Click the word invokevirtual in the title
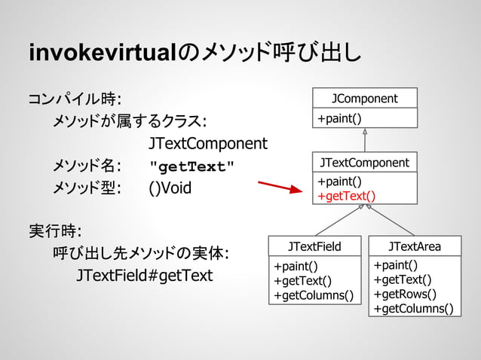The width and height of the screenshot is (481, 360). coord(103,54)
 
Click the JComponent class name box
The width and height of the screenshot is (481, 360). coord(365,98)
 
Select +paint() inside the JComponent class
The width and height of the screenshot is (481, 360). coord(339,118)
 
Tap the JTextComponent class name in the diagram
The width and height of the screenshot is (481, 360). coord(364,163)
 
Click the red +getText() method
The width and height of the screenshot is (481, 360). coord(346,196)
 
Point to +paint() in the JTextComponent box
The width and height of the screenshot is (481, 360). coord(339,182)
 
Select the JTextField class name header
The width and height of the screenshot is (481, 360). coord(314,246)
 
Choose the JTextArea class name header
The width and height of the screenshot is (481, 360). coord(414,246)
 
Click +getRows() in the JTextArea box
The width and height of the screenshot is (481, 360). coord(404,294)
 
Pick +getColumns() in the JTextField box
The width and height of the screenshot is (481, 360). coord(313,294)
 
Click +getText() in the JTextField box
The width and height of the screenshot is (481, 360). coord(302,280)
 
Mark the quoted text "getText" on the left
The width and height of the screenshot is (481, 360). coord(192,166)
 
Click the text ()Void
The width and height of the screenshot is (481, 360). coord(170,188)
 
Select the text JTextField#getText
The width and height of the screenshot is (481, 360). coord(144,275)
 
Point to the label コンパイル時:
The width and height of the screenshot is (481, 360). coord(76,99)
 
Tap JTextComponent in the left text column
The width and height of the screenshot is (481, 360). coord(207,143)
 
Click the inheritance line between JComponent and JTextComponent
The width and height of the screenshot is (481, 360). coord(365,142)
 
